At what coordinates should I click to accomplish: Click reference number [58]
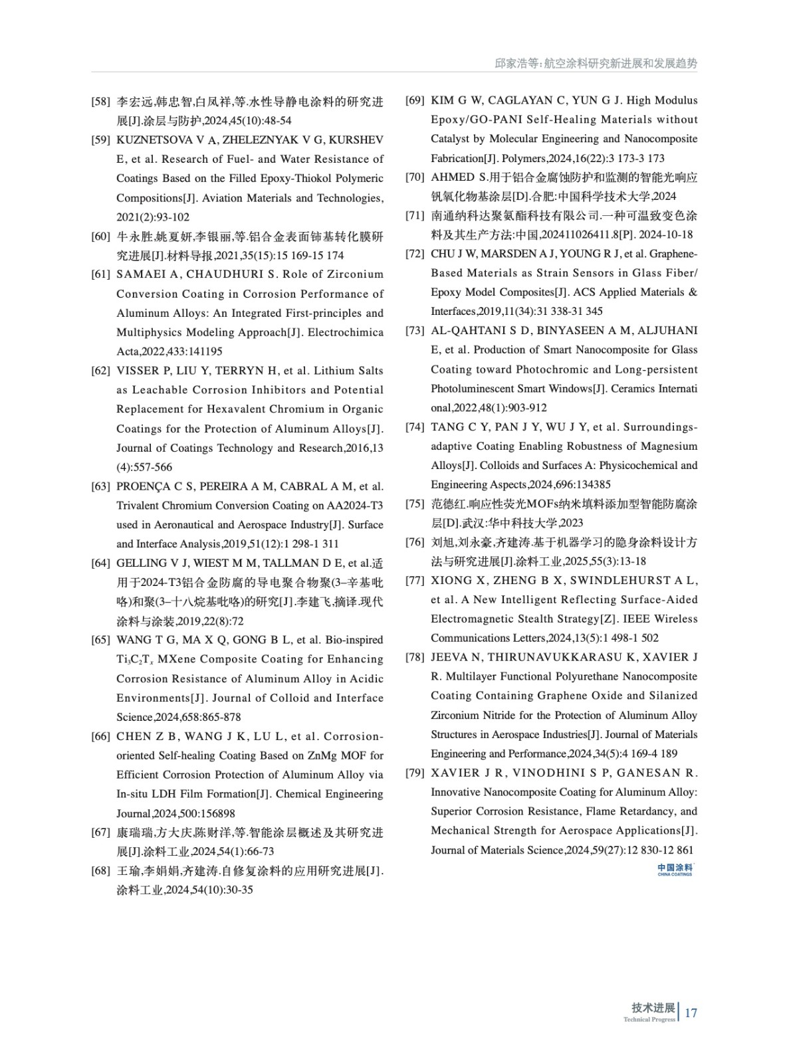pyautogui.click(x=100, y=102)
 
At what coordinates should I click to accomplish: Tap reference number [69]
pyautogui.click(x=415, y=100)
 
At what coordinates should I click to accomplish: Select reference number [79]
pyautogui.click(x=415, y=773)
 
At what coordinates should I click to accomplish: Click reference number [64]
pyautogui.click(x=100, y=563)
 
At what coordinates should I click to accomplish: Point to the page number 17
pyautogui.click(x=691, y=1013)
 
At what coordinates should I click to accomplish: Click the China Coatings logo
pyautogui.click(x=675, y=869)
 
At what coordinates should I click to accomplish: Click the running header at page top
pyautogui.click(x=596, y=64)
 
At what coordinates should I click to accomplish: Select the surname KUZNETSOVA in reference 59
pyautogui.click(x=150, y=140)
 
